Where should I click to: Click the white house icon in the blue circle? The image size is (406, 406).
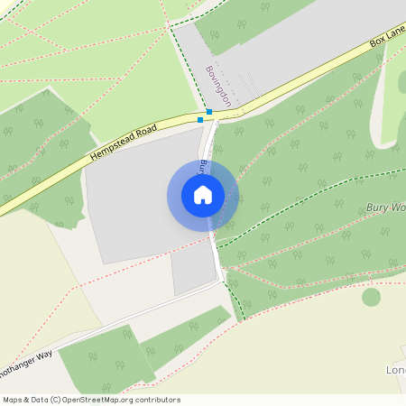click(x=202, y=195)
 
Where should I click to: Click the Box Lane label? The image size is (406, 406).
click(x=389, y=40)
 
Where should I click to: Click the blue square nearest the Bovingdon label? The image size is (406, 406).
click(x=209, y=112)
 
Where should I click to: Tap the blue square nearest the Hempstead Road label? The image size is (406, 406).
click(x=200, y=118)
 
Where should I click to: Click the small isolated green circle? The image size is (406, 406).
click(x=371, y=296)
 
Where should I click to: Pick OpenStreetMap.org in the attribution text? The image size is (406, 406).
click(x=107, y=400)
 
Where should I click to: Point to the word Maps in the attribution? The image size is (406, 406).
click(x=14, y=400)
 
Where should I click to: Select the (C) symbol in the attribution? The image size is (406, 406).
click(x=56, y=400)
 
